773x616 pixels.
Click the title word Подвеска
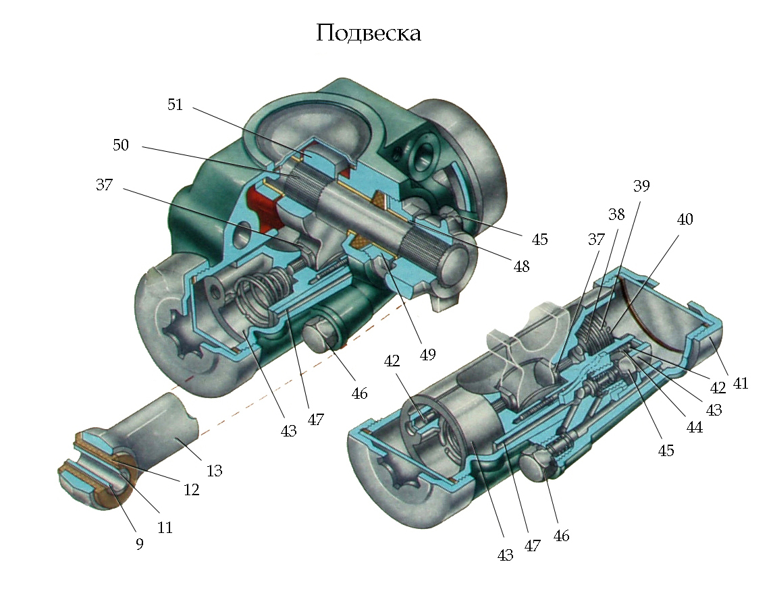pyautogui.click(x=369, y=33)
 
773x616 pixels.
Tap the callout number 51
pyautogui.click(x=176, y=105)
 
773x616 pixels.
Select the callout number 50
pyautogui.click(x=121, y=145)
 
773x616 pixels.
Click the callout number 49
pyautogui.click(x=427, y=354)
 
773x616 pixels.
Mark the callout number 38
pyautogui.click(x=616, y=215)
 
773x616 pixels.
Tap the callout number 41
pyautogui.click(x=741, y=383)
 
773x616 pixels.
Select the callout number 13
pyautogui.click(x=214, y=470)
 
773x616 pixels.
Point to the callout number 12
pyautogui.click(x=192, y=490)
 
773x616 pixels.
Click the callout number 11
pyautogui.click(x=165, y=528)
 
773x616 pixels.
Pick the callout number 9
pyautogui.click(x=139, y=544)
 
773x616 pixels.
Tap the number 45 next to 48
pyautogui.click(x=539, y=240)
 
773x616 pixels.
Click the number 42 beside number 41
pyautogui.click(x=717, y=388)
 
